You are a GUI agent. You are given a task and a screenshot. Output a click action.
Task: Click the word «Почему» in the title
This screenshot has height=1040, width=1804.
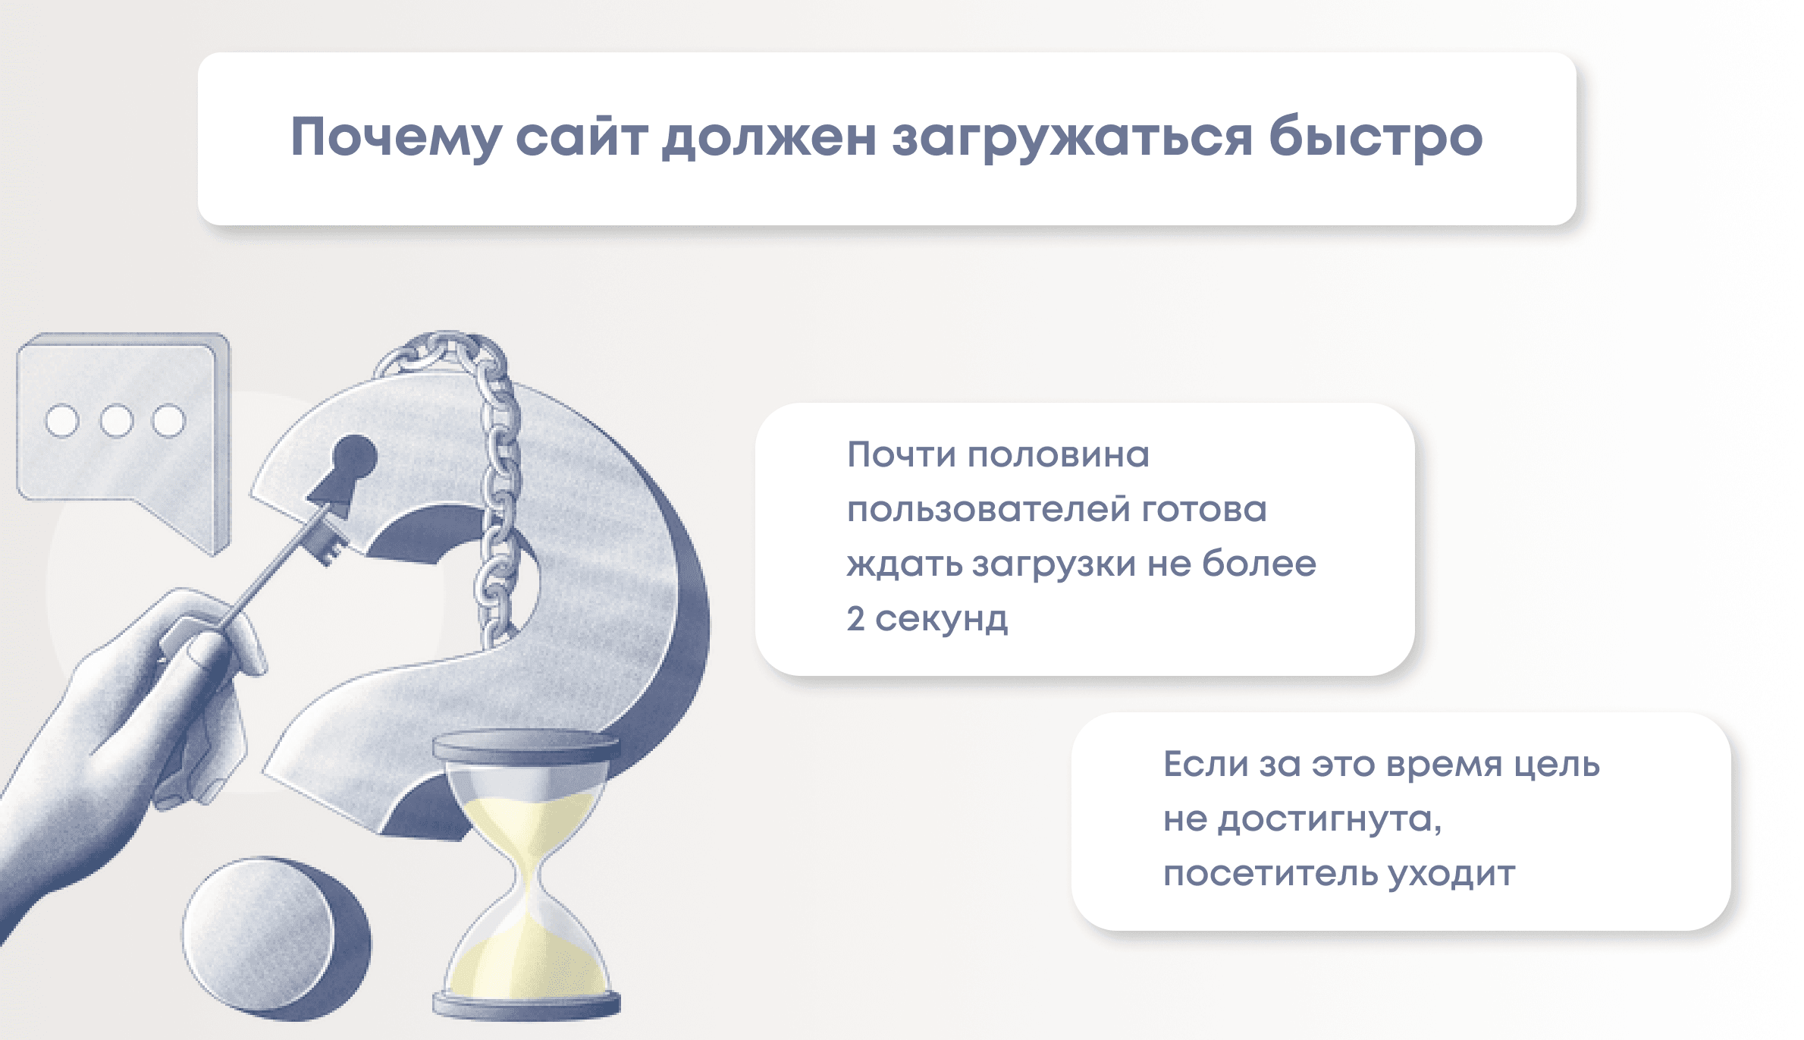click(x=396, y=139)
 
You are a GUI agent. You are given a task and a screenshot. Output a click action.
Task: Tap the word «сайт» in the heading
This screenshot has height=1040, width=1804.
click(x=582, y=137)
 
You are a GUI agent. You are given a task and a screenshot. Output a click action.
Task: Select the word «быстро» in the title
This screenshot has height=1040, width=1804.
click(x=1376, y=137)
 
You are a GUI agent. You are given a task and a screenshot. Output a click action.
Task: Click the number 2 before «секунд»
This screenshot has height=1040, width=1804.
click(x=856, y=618)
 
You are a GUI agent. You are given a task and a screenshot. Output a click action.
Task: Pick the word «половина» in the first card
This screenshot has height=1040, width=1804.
click(x=1059, y=455)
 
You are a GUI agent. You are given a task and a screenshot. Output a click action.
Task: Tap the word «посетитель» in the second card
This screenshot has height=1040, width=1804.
click(x=1270, y=873)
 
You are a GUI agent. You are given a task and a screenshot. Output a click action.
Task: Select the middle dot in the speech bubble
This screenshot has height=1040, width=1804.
click(x=116, y=421)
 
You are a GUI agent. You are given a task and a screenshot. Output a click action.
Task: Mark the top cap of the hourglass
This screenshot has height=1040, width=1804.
click(x=526, y=746)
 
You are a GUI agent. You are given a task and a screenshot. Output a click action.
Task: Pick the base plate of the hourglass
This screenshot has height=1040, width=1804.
click(x=527, y=1005)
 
